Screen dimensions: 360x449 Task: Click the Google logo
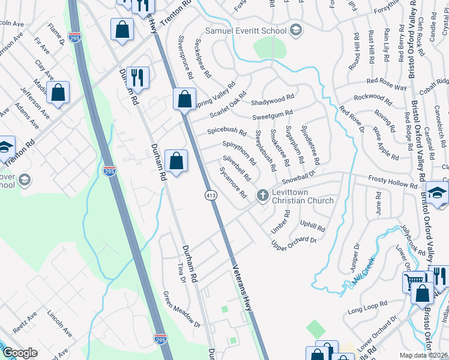(20, 353)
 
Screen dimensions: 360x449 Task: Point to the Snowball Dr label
(299, 178)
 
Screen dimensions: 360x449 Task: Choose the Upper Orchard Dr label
(294, 244)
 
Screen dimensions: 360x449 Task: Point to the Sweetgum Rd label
(272, 113)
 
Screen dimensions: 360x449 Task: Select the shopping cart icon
(413, 281)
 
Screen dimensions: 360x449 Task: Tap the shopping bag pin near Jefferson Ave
(58, 93)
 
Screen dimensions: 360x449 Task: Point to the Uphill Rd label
(312, 227)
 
